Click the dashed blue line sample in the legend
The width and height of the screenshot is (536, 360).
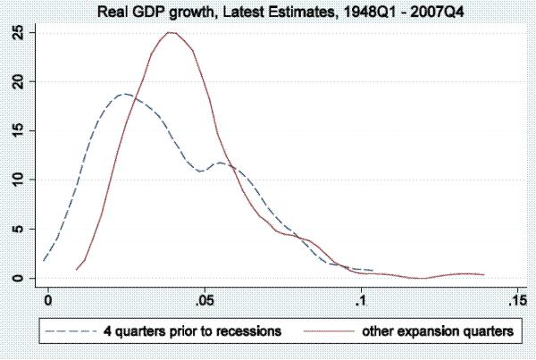click(71, 331)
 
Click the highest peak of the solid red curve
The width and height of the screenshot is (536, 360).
click(170, 32)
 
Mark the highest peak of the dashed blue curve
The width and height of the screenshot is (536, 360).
click(125, 94)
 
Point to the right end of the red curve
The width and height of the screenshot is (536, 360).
click(483, 275)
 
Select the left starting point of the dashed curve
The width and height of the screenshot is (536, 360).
click(44, 260)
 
